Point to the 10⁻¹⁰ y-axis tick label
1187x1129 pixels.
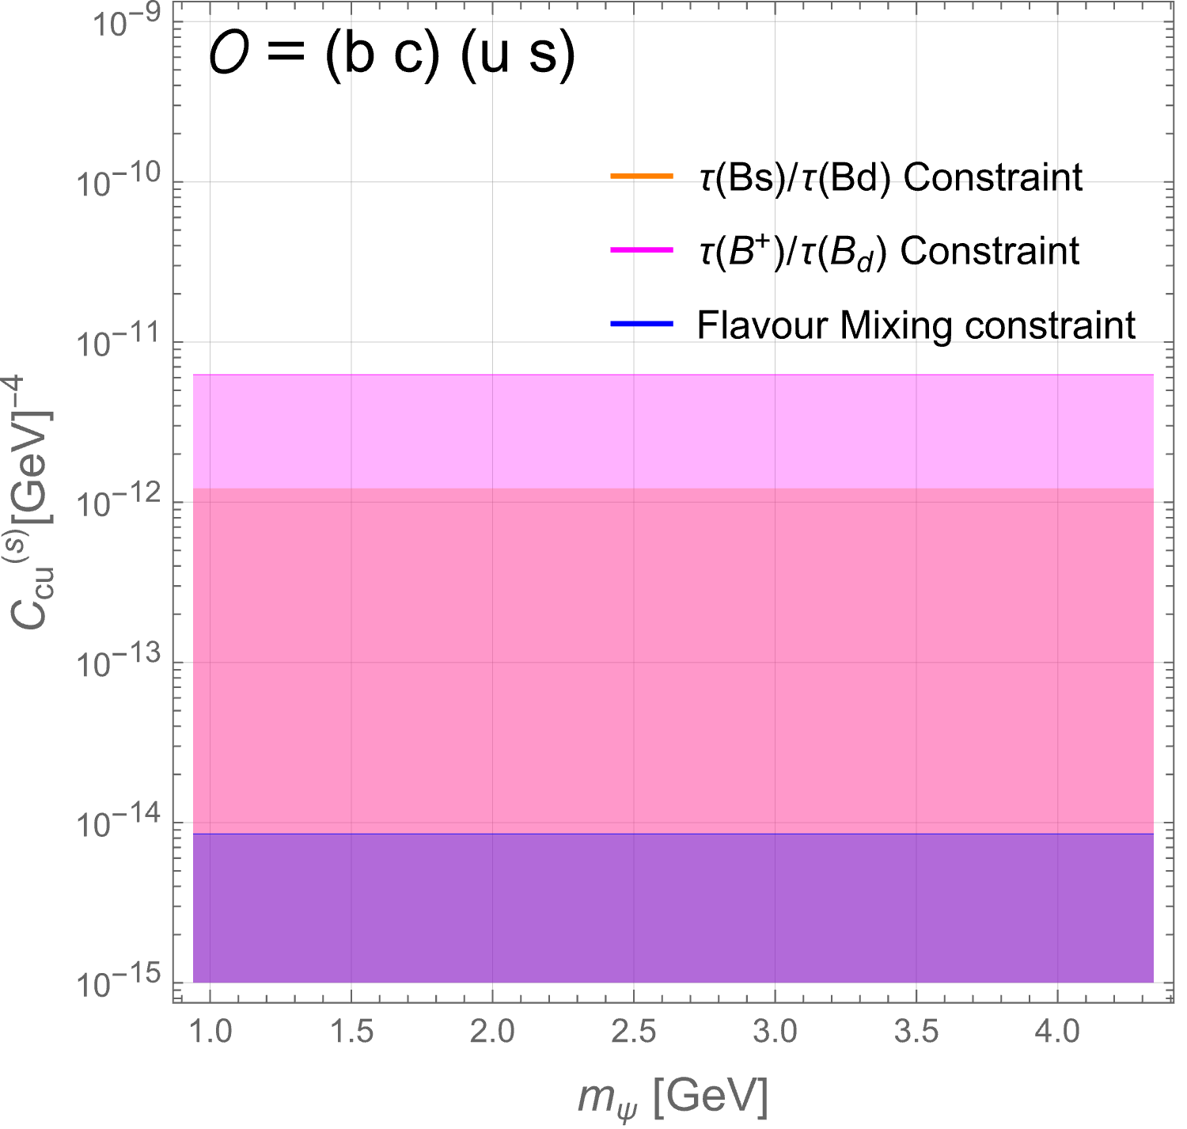coord(119,181)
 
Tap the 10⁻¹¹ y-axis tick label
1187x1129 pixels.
coord(119,341)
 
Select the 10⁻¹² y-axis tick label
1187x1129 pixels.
coord(119,501)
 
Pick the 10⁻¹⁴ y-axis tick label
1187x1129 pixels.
coord(119,822)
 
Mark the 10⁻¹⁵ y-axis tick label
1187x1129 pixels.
coord(119,982)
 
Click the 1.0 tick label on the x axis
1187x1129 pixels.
coord(210,1031)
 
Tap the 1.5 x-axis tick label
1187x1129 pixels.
coord(352,1031)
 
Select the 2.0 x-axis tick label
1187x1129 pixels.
coord(493,1031)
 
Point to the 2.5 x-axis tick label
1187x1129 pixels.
coord(634,1031)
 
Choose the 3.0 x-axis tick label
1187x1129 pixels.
coord(776,1031)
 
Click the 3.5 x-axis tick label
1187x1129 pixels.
coord(916,1031)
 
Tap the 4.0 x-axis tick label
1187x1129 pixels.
coord(1057,1031)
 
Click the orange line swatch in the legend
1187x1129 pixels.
coord(642,176)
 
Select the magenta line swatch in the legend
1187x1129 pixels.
coord(642,249)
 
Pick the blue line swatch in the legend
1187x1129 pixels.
coord(642,324)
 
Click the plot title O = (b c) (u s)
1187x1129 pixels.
coord(392,55)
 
